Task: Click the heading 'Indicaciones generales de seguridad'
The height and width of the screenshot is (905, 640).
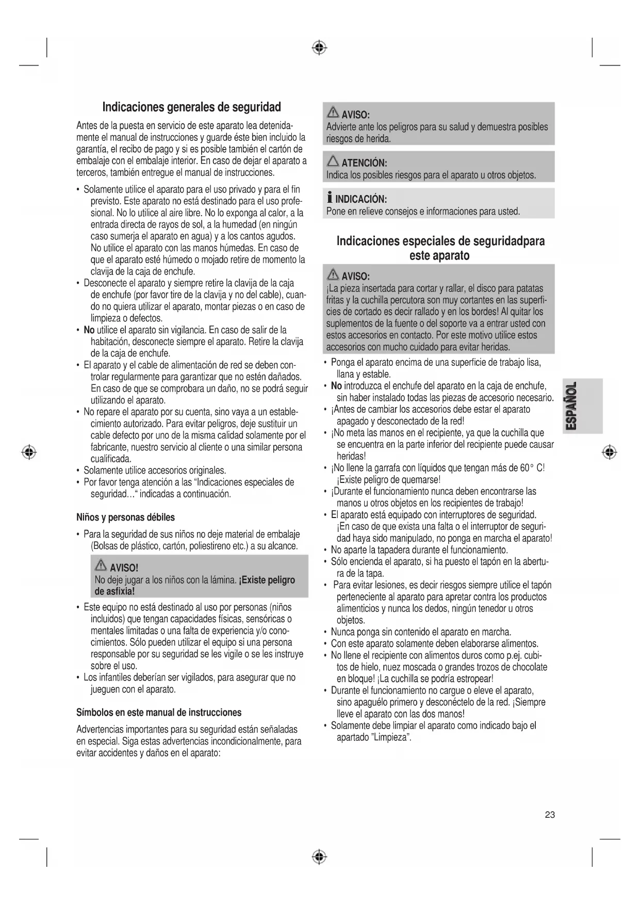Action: [x=191, y=107]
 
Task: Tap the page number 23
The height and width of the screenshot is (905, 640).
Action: [x=550, y=815]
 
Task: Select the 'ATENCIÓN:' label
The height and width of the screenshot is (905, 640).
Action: [x=365, y=163]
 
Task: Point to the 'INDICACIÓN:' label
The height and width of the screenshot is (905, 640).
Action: [x=361, y=199]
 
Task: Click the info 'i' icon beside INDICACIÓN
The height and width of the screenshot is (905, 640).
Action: [x=330, y=199]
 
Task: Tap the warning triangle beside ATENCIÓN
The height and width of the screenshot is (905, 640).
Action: [x=333, y=162]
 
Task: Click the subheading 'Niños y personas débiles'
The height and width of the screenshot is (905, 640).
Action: [x=125, y=517]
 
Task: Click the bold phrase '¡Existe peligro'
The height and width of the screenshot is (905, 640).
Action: [x=267, y=580]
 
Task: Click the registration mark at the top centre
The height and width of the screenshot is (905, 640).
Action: [x=320, y=48]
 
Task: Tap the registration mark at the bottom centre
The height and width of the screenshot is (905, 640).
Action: [x=320, y=857]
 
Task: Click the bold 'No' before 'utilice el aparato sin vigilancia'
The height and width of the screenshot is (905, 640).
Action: [x=89, y=330]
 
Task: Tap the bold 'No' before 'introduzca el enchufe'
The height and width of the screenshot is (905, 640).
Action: [x=336, y=386]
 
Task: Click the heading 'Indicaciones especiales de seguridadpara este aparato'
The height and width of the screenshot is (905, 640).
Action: [x=440, y=248]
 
